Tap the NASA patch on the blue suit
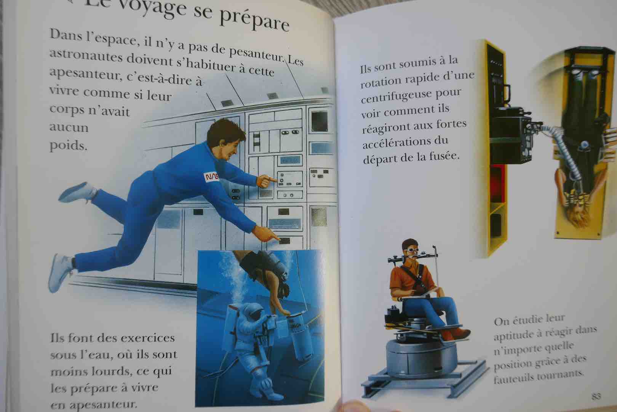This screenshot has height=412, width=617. [211, 177]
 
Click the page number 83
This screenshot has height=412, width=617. [596, 396]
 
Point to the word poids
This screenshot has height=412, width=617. [68, 145]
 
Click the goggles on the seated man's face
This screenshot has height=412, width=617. [411, 250]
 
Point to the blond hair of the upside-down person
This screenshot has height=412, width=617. [579, 216]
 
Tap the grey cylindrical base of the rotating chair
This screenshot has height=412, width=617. [422, 358]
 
